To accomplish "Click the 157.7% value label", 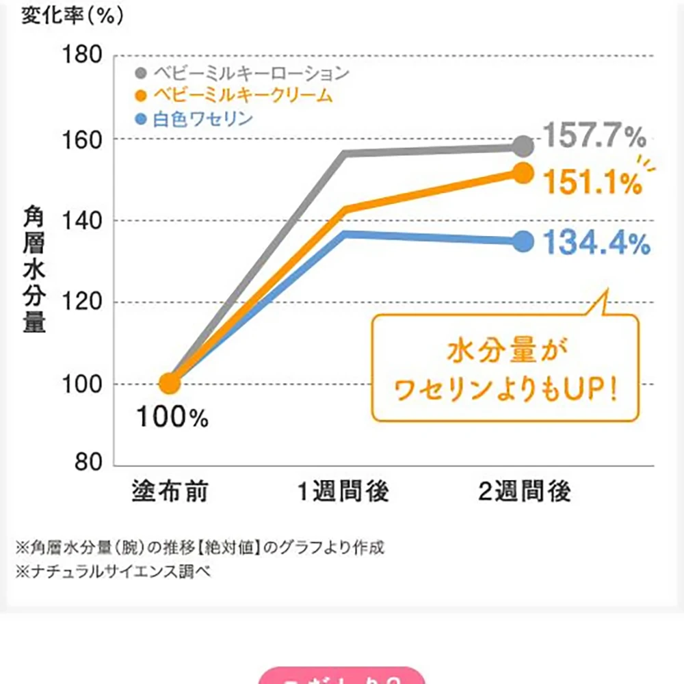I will pyautogui.click(x=595, y=138).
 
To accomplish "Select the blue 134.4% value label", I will pyautogui.click(x=596, y=244).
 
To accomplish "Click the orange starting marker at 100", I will pyautogui.click(x=170, y=384).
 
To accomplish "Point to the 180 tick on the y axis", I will pyautogui.click(x=82, y=55).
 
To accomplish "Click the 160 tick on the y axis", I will pyautogui.click(x=82, y=138).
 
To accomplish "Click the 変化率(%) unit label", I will pyautogui.click(x=72, y=16).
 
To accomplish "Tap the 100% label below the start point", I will pyautogui.click(x=172, y=417).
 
